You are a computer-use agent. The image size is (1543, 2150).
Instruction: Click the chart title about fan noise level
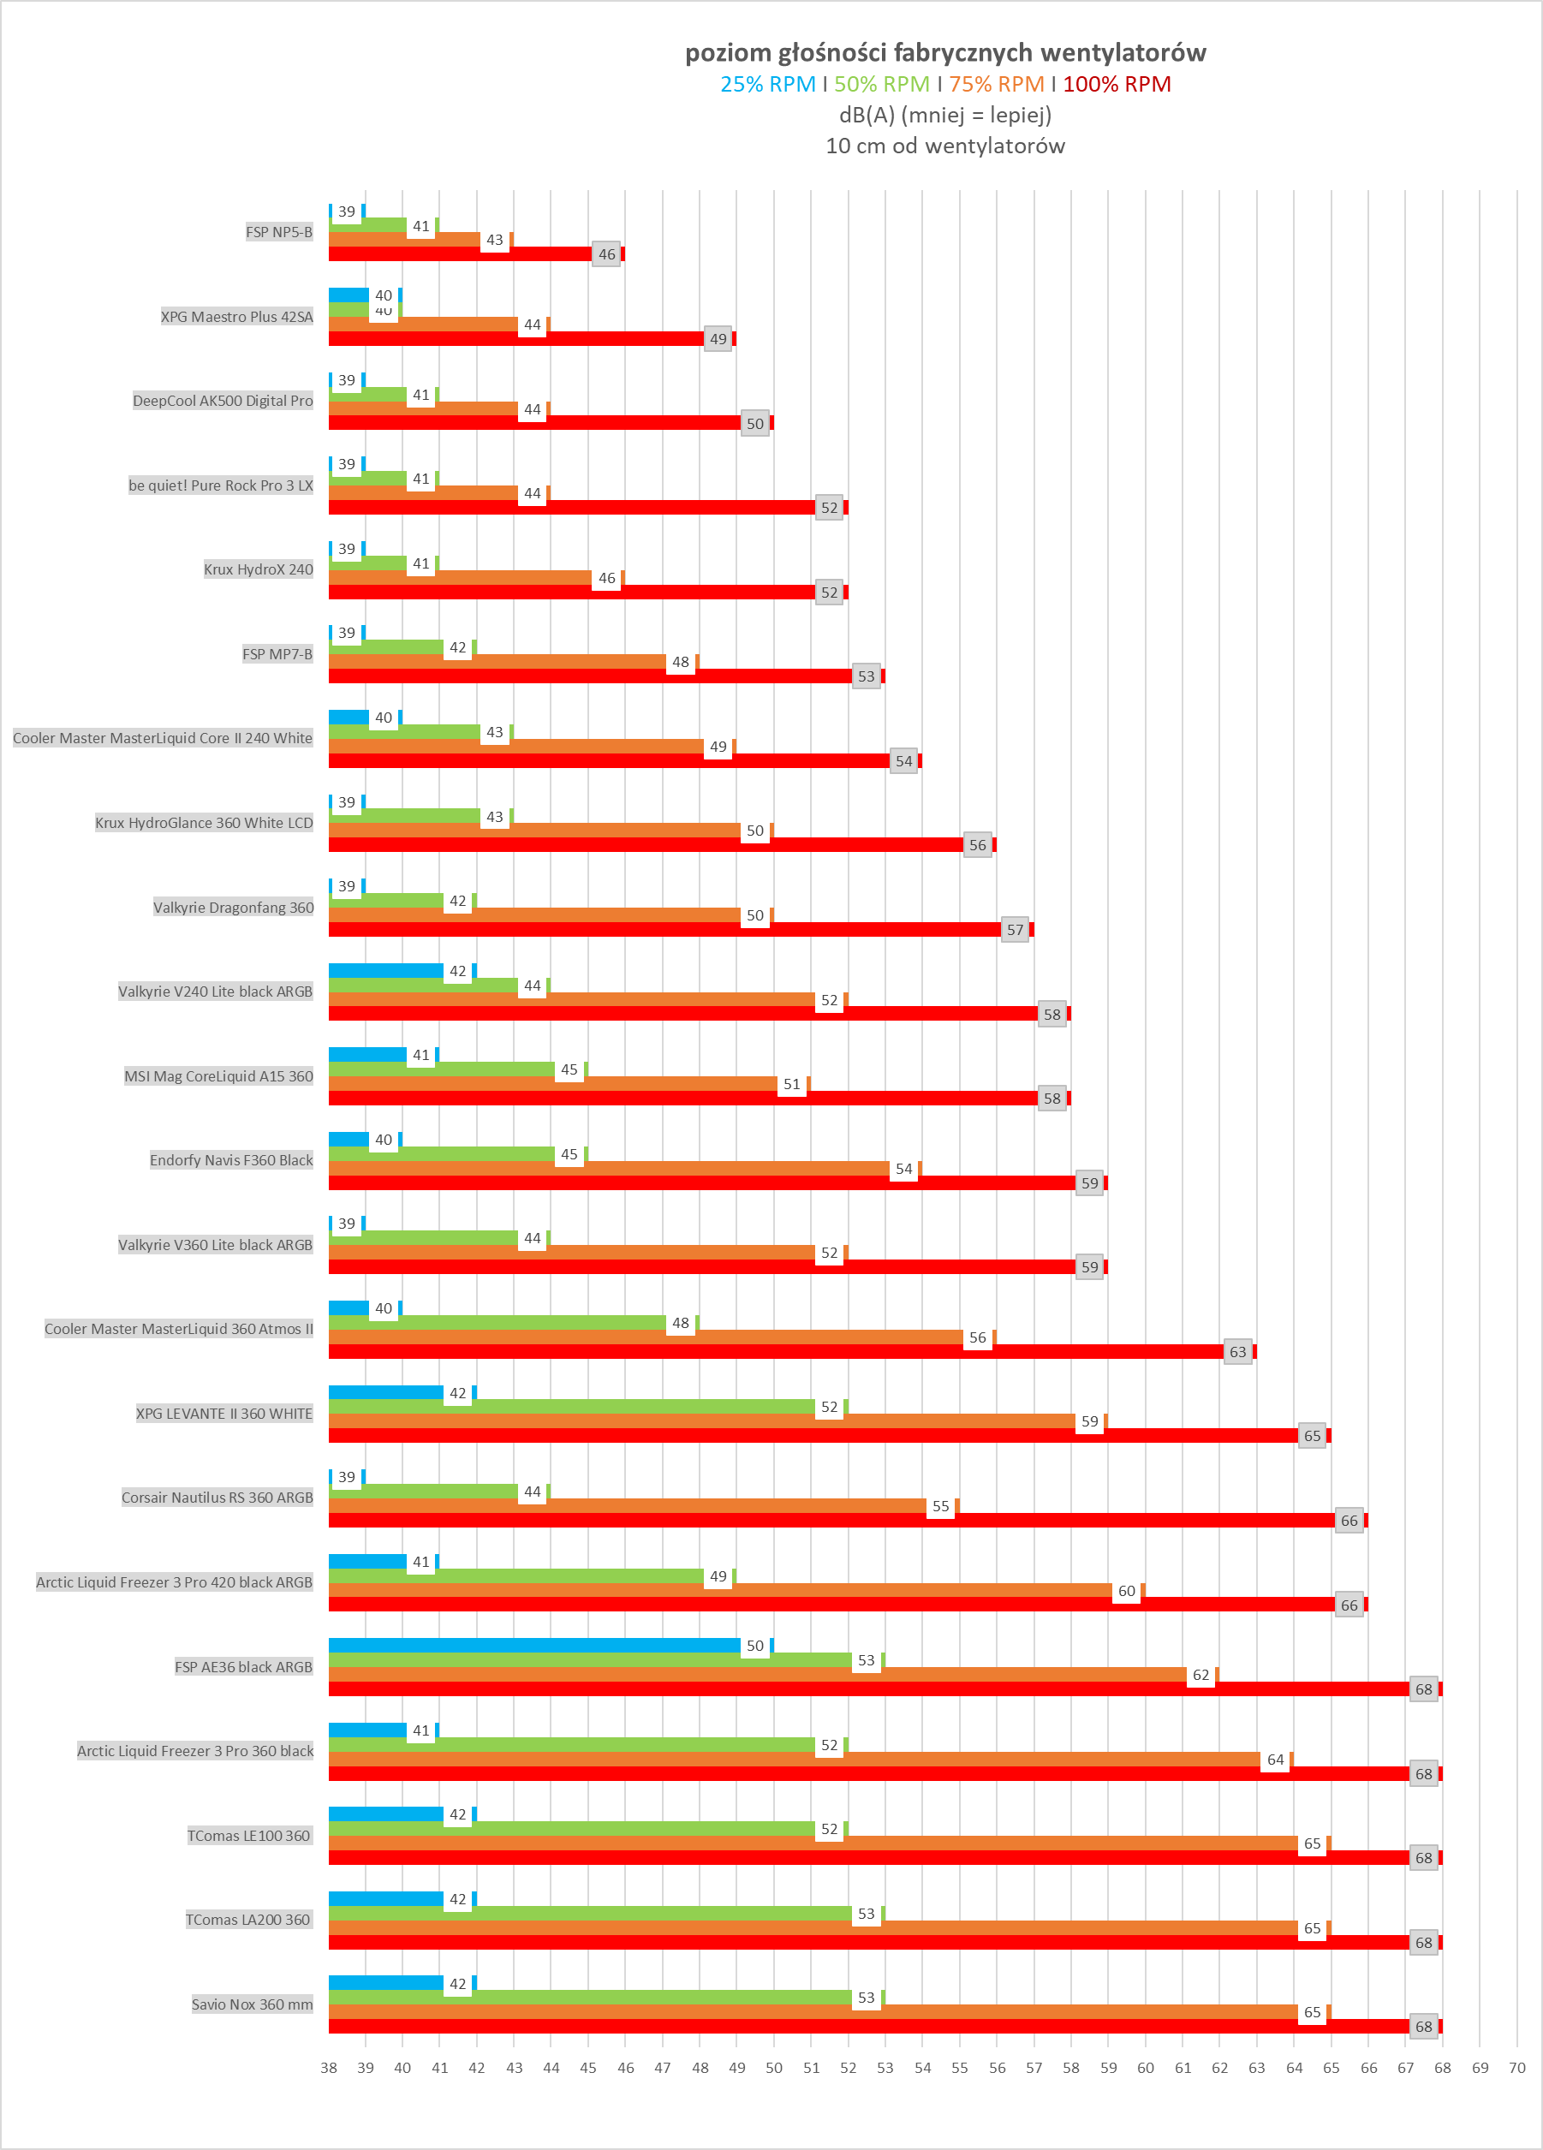click(945, 53)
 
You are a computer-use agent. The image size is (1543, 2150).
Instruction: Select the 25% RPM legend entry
click(768, 85)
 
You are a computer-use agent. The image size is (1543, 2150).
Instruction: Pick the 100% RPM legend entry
click(1117, 85)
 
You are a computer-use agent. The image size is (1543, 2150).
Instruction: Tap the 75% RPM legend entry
click(996, 85)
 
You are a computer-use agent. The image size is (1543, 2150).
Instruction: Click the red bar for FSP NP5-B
click(460, 254)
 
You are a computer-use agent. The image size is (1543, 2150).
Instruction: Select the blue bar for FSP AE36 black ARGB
click(533, 1646)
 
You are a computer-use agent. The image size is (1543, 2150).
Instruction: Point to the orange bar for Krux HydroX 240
click(460, 577)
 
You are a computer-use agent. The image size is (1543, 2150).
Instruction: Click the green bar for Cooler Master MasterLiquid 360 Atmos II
click(497, 1322)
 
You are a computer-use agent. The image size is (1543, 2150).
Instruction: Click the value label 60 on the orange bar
click(1126, 1592)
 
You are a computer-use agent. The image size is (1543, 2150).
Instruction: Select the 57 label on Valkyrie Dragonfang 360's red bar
click(1015, 930)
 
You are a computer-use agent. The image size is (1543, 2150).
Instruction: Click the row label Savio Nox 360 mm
click(252, 2004)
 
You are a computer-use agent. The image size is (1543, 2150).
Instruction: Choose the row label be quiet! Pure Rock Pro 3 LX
click(221, 485)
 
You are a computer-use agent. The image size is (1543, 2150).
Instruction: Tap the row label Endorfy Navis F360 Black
click(231, 1160)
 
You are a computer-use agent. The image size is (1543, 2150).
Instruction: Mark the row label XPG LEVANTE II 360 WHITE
click(223, 1414)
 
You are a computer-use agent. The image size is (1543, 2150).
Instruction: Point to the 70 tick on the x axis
click(1516, 2068)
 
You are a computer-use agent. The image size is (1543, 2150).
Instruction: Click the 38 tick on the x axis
click(329, 2068)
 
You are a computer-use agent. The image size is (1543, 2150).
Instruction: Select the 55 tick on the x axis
click(959, 2068)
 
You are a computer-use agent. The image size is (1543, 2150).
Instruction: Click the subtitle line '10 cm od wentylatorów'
click(945, 146)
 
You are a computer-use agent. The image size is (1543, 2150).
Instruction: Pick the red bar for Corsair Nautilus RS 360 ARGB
click(831, 1520)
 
